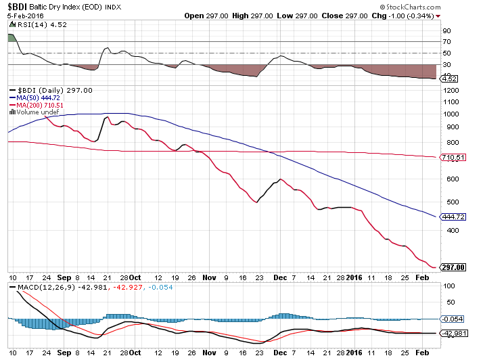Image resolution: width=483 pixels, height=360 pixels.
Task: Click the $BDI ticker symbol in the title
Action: tap(17, 6)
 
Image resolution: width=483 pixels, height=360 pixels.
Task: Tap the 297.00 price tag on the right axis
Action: tap(452, 267)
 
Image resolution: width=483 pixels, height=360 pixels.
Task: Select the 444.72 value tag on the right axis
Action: tap(452, 217)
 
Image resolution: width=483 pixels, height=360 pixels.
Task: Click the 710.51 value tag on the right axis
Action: tap(452, 158)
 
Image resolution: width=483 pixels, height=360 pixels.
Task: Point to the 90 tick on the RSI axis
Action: tap(446, 30)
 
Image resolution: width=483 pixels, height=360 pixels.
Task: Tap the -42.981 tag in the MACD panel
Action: tap(452, 333)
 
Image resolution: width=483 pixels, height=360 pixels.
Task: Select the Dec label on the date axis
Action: tap(277, 277)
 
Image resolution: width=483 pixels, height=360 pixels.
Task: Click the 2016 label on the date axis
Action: tap(354, 277)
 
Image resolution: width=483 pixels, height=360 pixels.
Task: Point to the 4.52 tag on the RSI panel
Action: tap(448, 78)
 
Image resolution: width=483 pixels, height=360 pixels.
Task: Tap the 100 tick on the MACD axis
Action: tap(448, 286)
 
